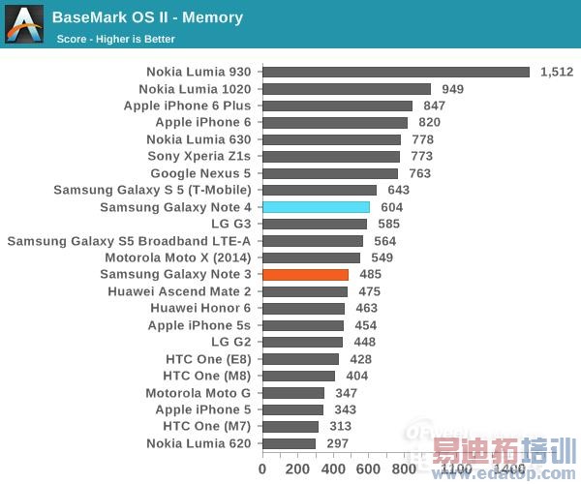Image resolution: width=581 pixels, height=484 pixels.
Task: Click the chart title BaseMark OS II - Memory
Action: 147,17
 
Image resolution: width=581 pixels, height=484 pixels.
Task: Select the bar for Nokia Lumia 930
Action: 396,72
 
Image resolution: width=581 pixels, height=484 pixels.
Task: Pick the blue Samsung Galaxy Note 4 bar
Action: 316,207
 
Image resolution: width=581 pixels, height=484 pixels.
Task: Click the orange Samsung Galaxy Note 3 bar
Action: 305,275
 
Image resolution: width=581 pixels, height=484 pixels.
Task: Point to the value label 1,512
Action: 557,72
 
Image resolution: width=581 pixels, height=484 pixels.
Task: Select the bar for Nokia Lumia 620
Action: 289,443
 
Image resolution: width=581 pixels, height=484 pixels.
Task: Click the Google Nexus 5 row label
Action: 200,173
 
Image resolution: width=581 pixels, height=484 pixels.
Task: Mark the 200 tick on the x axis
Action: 298,469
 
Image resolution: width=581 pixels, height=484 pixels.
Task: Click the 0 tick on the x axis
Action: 262,469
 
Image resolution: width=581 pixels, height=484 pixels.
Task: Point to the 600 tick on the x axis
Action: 369,469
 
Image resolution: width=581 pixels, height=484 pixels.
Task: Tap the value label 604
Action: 392,207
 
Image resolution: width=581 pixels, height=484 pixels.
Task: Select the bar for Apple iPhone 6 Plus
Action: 337,106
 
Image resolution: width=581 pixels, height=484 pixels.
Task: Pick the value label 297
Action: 338,443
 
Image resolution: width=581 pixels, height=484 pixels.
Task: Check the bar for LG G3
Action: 315,224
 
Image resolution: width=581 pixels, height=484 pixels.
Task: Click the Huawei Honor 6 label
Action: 199,308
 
